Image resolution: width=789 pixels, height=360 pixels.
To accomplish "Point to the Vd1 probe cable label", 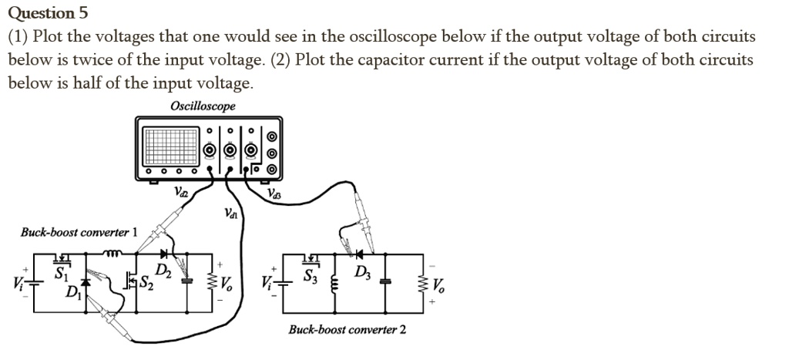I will tap(232, 214).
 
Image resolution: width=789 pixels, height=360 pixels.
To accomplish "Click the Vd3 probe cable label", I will tap(275, 194).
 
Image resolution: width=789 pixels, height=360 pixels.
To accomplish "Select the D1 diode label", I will tap(72, 292).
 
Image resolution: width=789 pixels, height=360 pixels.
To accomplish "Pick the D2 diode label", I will tap(163, 270).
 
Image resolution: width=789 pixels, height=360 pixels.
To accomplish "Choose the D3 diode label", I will tap(362, 274).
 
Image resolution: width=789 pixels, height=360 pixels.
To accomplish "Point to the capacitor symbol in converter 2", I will tap(385, 282).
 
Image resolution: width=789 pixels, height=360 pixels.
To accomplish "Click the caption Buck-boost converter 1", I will tap(79, 232).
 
